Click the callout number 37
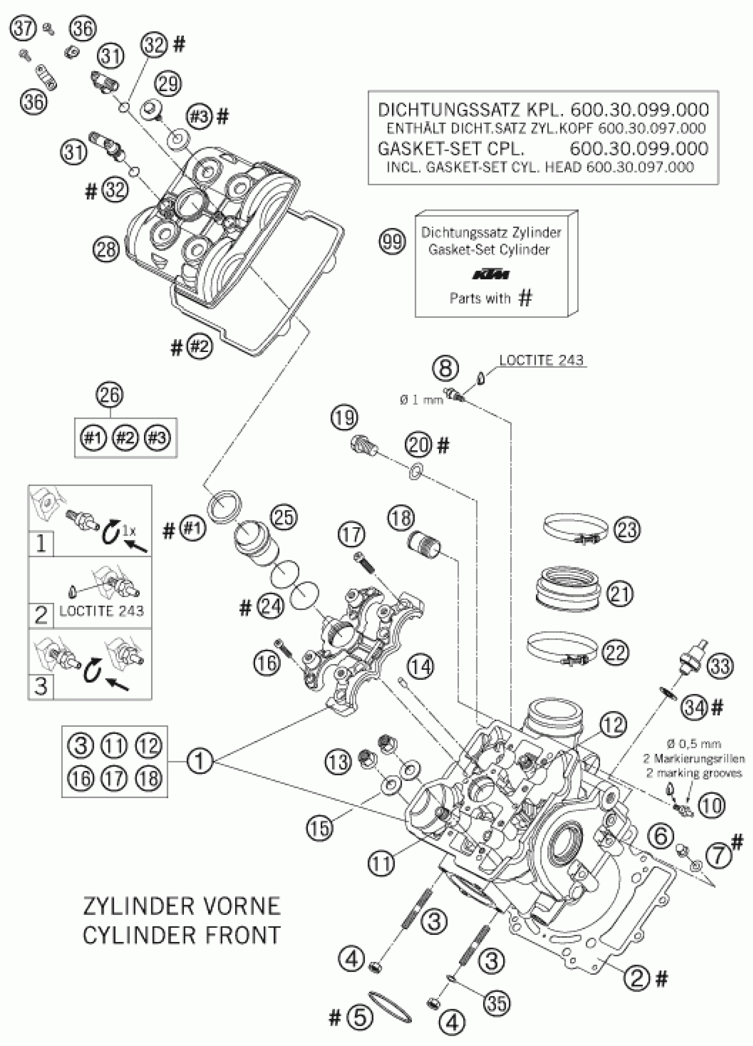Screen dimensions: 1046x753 point(23,29)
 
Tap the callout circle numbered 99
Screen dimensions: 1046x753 point(392,242)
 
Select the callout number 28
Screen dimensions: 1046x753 point(106,249)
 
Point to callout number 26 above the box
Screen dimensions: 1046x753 point(110,395)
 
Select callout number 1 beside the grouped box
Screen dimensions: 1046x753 point(199,760)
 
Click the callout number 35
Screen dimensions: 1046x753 point(497,1003)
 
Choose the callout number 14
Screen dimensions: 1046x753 point(420,667)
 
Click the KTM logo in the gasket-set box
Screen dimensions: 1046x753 point(491,275)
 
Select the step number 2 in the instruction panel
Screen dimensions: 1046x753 point(41,615)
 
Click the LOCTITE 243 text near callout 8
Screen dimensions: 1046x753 point(541,360)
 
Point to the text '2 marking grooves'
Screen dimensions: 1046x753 point(694,773)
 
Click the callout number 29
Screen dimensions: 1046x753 point(168,84)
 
